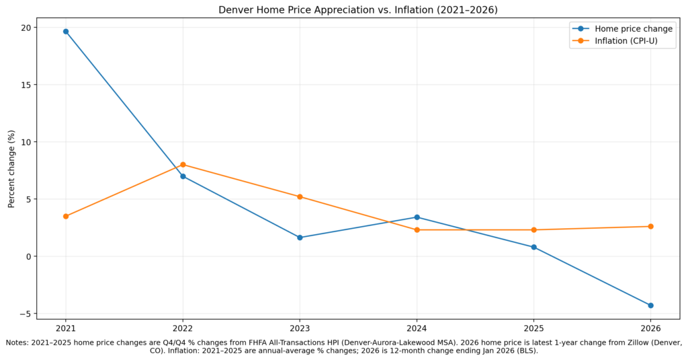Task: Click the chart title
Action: coord(357,9)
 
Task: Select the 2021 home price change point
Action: coord(66,32)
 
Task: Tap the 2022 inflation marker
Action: coord(183,165)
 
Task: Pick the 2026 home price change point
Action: coord(650,305)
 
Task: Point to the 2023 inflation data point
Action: coord(300,196)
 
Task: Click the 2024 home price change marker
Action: coord(417,217)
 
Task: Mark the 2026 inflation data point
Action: coord(650,227)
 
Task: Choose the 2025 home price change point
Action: coord(533,247)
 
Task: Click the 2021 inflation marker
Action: coord(66,216)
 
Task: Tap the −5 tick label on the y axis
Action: coord(25,314)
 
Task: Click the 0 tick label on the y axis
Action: coord(28,256)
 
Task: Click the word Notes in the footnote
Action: coord(19,343)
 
